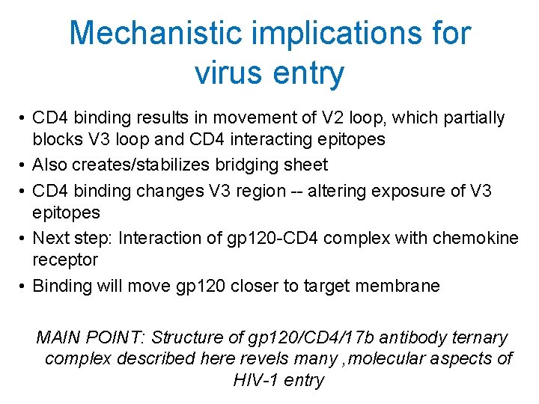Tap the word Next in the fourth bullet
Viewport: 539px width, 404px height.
click(x=49, y=238)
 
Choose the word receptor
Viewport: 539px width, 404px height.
click(x=64, y=260)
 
